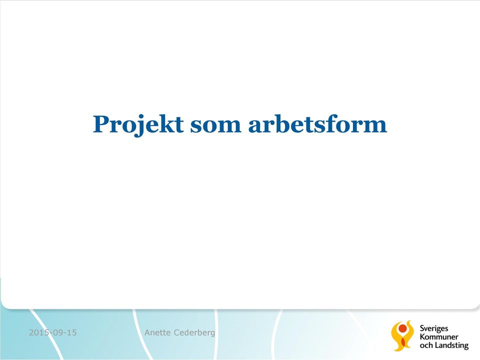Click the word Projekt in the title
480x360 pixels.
pyautogui.click(x=138, y=125)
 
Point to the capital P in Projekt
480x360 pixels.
pyautogui.click(x=101, y=124)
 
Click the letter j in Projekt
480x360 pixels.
pyautogui.click(x=138, y=126)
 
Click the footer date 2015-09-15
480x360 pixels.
pyautogui.click(x=53, y=332)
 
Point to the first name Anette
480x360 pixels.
pyautogui.click(x=157, y=332)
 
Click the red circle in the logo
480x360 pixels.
pyautogui.click(x=402, y=328)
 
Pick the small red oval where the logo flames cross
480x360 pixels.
pyautogui.click(x=402, y=342)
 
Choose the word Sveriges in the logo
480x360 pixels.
pyautogui.click(x=434, y=329)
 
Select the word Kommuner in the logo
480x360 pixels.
pyautogui.click(x=439, y=337)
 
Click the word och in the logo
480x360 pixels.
pyautogui.click(x=426, y=345)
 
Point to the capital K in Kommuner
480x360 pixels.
pyautogui.click(x=422, y=337)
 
